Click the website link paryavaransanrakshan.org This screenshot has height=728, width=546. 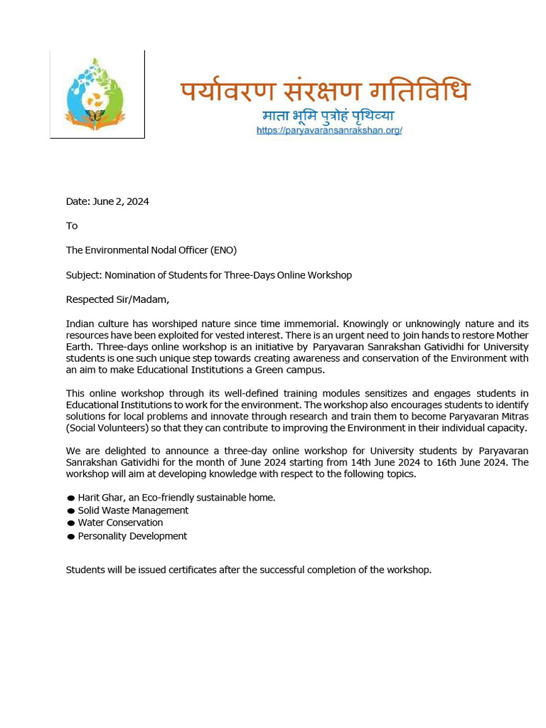pos(329,131)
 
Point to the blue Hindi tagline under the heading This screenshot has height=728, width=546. pos(328,116)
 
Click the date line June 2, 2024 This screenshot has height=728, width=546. pos(107,201)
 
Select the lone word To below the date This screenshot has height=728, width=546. pos(72,226)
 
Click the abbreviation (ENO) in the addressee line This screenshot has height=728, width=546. pos(223,250)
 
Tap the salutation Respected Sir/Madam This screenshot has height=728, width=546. pos(117,299)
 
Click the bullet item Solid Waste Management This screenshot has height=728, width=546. pos(133,510)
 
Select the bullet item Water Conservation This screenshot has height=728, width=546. pos(120,523)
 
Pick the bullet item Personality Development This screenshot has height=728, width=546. pos(132,536)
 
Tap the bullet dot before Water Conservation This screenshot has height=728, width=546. pos(71,524)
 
